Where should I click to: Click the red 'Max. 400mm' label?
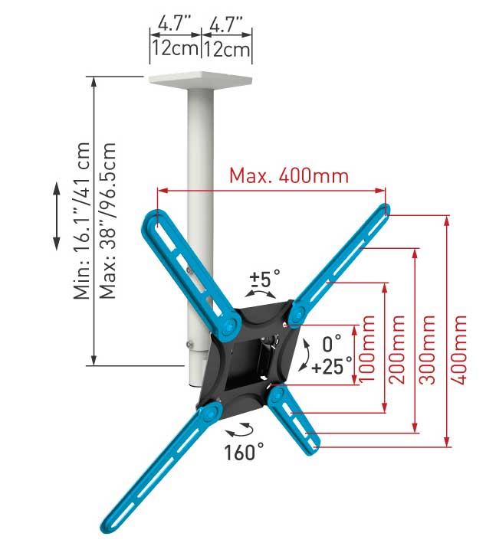[289, 176]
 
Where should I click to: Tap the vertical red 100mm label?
[367, 349]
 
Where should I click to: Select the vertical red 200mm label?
[397, 349]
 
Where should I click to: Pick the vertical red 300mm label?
[427, 349]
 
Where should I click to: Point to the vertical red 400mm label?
[458, 349]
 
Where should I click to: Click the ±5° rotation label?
[264, 278]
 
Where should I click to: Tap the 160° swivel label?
[244, 453]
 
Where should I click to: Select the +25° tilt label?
[332, 366]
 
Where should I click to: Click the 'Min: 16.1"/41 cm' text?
[82, 221]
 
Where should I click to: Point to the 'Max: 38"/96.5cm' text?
[108, 221]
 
